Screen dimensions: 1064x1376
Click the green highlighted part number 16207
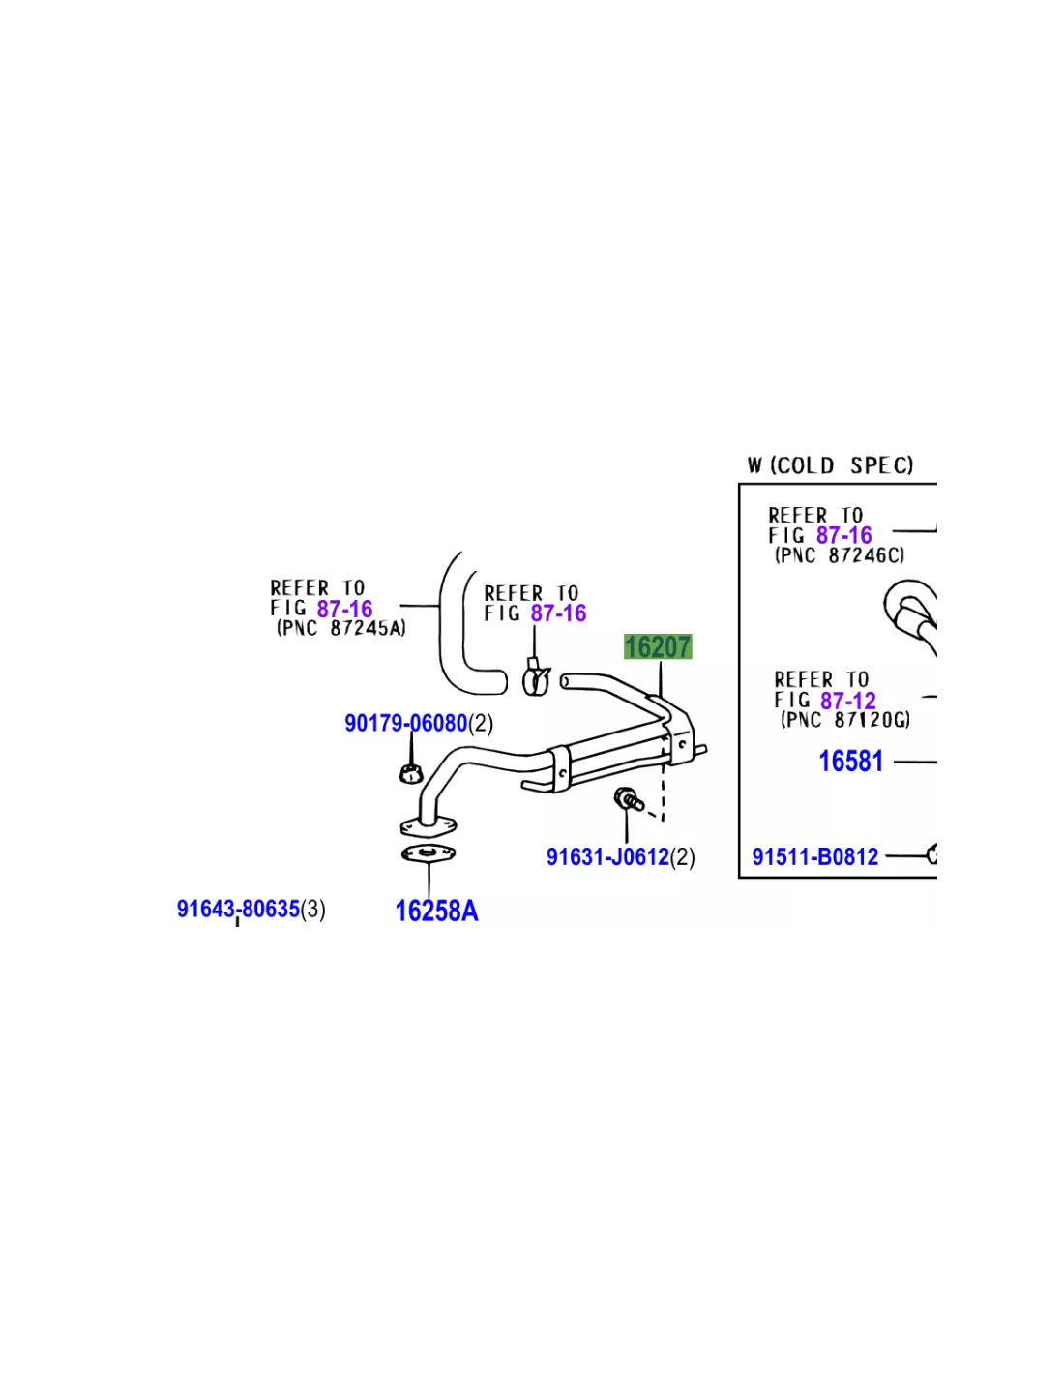pyautogui.click(x=658, y=647)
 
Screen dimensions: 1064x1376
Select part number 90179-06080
pyautogui.click(x=405, y=723)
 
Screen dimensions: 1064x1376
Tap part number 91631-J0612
pyautogui.click(x=607, y=857)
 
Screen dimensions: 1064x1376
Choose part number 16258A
pyautogui.click(x=437, y=912)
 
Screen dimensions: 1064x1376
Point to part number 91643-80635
pyautogui.click(x=238, y=910)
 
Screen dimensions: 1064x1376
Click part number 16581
pyautogui.click(x=850, y=762)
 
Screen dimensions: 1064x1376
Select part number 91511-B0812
pyautogui.click(x=814, y=856)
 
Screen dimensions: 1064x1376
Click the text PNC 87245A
pyautogui.click(x=340, y=628)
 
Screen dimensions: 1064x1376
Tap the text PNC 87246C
pyautogui.click(x=840, y=555)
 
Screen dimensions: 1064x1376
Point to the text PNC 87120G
pyautogui.click(x=845, y=720)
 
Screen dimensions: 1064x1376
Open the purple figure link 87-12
pyautogui.click(x=847, y=701)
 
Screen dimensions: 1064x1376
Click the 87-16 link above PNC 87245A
pyautogui.click(x=345, y=610)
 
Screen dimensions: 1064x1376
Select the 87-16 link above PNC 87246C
pyautogui.click(x=844, y=535)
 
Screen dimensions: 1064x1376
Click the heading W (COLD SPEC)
pyautogui.click(x=831, y=465)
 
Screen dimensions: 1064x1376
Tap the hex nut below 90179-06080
pyautogui.click(x=411, y=773)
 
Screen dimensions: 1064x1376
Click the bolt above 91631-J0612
pyautogui.click(x=628, y=799)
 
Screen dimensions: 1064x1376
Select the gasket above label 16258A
pyautogui.click(x=429, y=854)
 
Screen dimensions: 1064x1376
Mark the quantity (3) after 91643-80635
pyautogui.click(x=312, y=910)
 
